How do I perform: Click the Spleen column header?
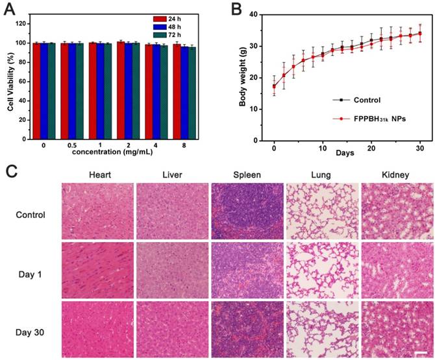[247, 174]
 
